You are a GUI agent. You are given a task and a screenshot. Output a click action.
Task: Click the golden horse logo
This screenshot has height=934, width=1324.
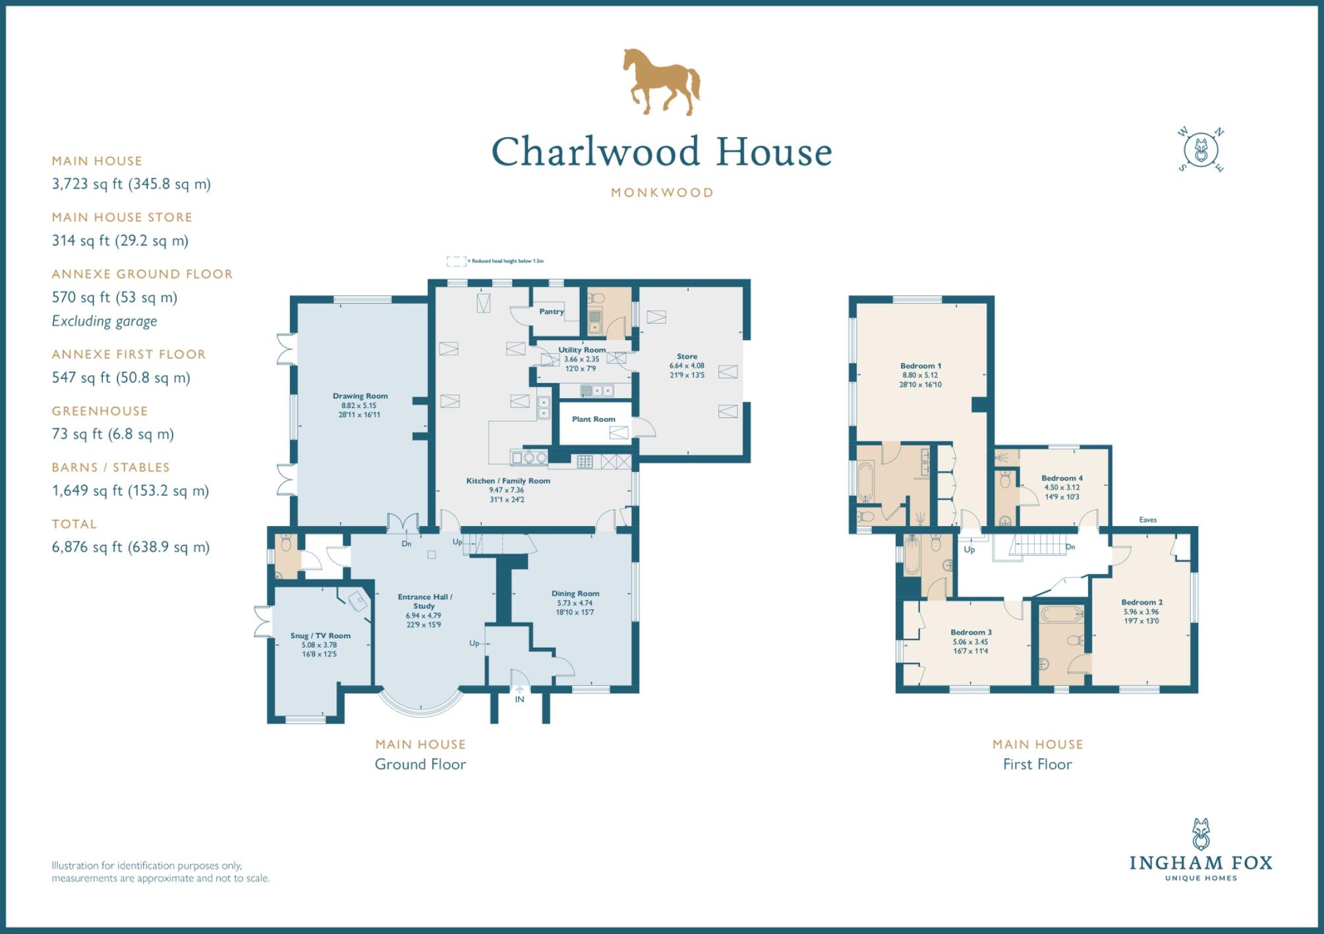(x=661, y=82)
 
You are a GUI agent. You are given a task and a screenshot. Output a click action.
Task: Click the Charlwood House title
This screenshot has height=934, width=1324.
(x=662, y=152)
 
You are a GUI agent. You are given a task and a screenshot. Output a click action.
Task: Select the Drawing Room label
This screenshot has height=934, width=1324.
(x=360, y=396)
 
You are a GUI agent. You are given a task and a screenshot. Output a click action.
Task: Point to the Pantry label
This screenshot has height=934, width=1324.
(x=552, y=312)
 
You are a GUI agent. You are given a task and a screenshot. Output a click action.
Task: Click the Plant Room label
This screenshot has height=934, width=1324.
(x=593, y=419)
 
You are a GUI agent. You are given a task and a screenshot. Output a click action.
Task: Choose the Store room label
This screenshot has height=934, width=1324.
(x=687, y=357)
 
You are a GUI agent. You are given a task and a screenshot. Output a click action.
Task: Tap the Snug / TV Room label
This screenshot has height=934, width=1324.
(x=320, y=636)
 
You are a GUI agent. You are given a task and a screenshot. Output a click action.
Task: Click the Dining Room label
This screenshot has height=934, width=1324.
(x=575, y=594)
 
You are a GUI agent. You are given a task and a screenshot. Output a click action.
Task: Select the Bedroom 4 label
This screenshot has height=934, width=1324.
(x=1062, y=479)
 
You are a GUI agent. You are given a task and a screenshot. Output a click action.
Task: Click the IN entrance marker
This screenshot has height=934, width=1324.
(x=519, y=699)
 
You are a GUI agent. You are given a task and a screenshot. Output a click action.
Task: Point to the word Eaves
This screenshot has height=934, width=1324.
(x=1147, y=520)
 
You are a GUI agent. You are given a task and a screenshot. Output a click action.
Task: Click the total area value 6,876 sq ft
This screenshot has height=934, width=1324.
(x=130, y=547)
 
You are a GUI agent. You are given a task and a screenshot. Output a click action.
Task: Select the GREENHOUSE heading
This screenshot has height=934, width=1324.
(x=100, y=411)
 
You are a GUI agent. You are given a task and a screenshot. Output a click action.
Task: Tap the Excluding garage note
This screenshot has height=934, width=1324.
(x=104, y=321)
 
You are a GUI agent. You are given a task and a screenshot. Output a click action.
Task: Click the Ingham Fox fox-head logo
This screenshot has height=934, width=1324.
(x=1201, y=834)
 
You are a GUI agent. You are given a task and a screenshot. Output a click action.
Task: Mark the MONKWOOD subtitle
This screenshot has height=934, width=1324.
(x=662, y=193)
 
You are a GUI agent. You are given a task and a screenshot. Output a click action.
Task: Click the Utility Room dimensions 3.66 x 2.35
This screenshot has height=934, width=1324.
(x=581, y=360)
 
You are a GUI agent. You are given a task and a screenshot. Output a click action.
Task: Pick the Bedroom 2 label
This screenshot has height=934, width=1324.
(x=1141, y=602)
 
